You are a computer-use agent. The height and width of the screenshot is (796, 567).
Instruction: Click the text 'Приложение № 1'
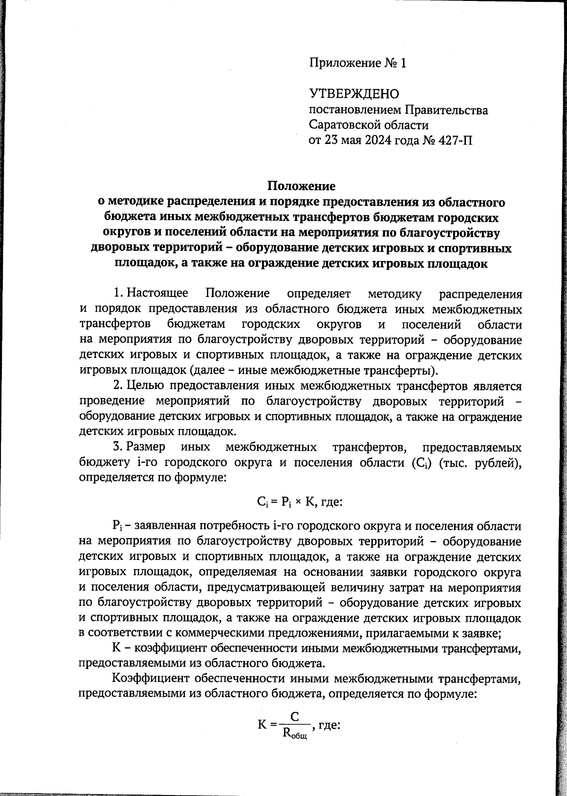point(358,63)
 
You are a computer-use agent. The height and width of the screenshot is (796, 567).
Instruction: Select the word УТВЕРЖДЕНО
point(354,94)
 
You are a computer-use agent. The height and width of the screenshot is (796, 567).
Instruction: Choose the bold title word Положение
point(301,186)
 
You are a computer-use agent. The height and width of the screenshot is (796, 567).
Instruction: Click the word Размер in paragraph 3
point(146,447)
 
